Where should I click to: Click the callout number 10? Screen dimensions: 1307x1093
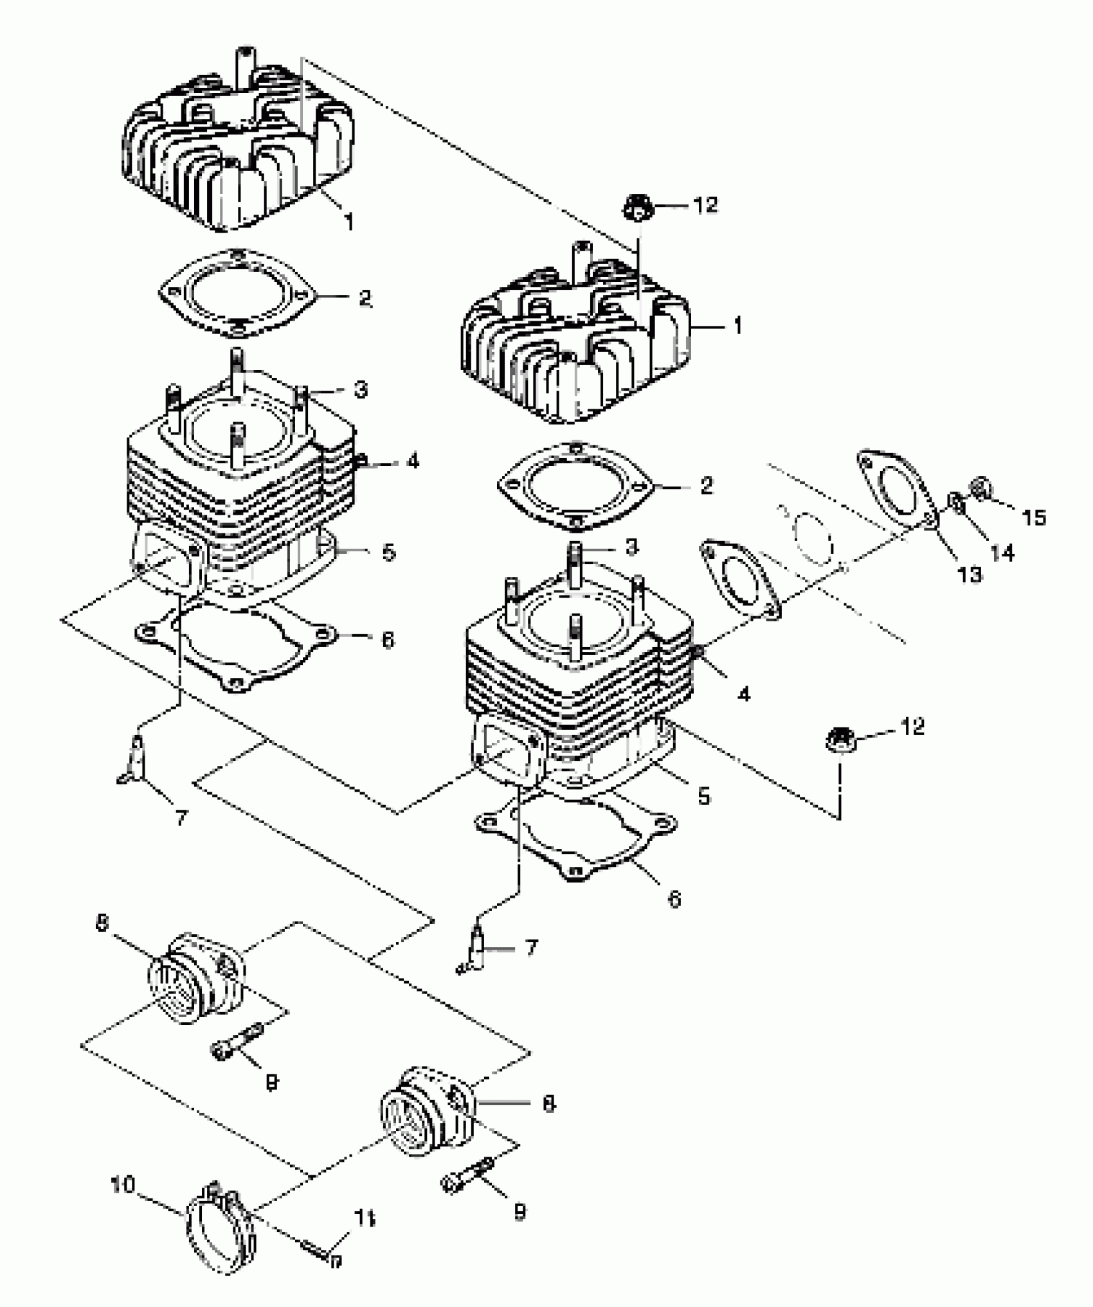(122, 1184)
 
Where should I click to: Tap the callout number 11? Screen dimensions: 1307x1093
(365, 1218)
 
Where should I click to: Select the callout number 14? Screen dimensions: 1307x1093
(1003, 552)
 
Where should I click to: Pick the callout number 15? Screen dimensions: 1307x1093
(1034, 517)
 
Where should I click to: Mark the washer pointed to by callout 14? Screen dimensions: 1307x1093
(957, 502)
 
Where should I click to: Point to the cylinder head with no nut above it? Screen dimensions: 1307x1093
(238, 148)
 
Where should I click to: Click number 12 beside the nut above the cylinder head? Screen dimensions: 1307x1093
(705, 206)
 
